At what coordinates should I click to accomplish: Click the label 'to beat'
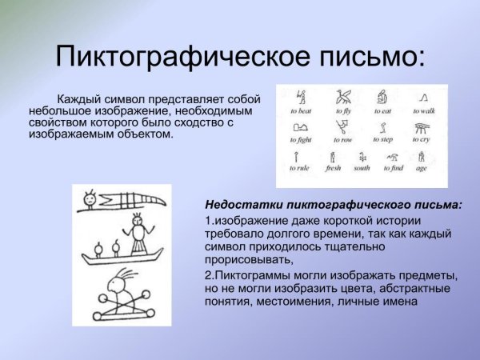[x=302, y=112]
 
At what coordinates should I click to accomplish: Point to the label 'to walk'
[x=423, y=112]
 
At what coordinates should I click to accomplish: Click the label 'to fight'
[x=302, y=141]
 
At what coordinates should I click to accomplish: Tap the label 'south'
[x=362, y=169]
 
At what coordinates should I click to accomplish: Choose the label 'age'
[x=422, y=169]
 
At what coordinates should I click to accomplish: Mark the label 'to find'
[x=394, y=169]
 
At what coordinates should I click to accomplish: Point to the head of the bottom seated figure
[x=121, y=282]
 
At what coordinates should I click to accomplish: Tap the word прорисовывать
[x=244, y=259]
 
